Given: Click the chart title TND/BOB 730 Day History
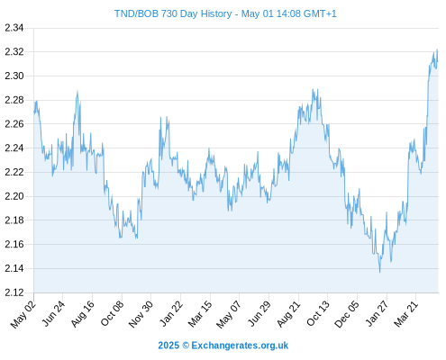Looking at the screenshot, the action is tap(173, 13).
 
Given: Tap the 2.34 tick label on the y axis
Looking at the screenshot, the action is tap(14, 28).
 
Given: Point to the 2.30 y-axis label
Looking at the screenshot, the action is tap(14, 76).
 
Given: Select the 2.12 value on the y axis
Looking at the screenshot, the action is tap(14, 292).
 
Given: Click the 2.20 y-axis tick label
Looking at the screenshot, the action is tap(14, 196).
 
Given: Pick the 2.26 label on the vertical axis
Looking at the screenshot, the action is tap(14, 124).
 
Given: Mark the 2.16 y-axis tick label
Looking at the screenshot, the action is tap(14, 244).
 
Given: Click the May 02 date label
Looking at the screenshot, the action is tap(23, 314).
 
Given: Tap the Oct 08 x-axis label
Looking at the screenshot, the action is tap(112, 313).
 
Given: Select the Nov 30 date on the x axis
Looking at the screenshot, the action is tap(141, 314).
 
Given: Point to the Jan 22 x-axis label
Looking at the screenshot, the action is tap(171, 313).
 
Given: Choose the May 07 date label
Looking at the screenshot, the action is tap(229, 314).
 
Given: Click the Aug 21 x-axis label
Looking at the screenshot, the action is tap(288, 314).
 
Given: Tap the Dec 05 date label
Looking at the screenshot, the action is tap(346, 314).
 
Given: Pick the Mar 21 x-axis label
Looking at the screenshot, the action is tap(405, 314).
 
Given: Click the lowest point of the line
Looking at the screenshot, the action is tap(379, 272).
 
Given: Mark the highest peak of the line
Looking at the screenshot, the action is tap(437, 49).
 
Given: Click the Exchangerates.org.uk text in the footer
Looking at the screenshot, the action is tap(240, 346).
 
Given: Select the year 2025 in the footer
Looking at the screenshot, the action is tap(168, 346).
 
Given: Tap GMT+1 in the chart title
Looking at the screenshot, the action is tap(320, 13).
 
